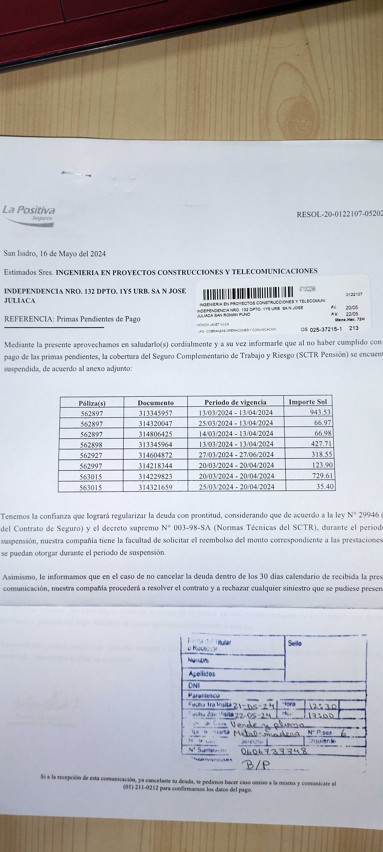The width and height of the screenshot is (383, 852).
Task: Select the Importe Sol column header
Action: pyautogui.click(x=308, y=402)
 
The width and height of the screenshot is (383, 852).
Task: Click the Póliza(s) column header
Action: pyautogui.click(x=92, y=403)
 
